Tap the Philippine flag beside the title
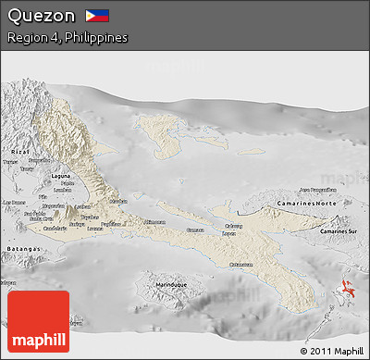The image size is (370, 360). coord(96,16)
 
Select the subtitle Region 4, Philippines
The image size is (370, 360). coord(67,38)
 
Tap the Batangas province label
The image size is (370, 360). coord(18,250)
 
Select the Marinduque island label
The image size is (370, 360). coord(161,283)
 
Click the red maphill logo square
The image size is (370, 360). coord(38,321)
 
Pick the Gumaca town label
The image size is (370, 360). coord(195,230)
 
